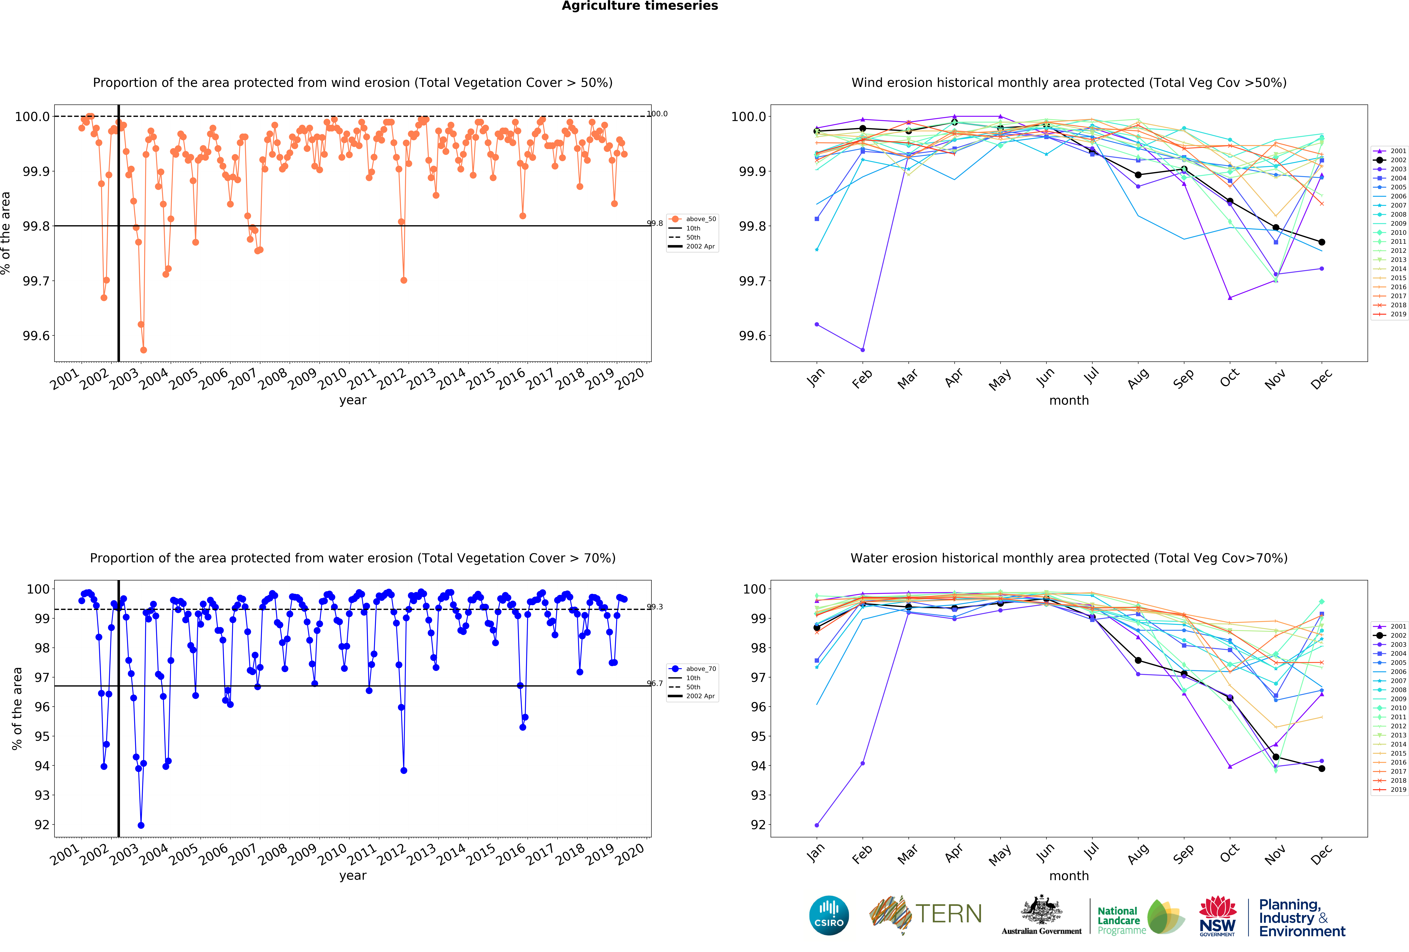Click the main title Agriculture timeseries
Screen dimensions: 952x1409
coord(640,6)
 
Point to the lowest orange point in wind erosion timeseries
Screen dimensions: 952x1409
coord(143,350)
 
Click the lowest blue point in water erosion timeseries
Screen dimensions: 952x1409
coord(141,825)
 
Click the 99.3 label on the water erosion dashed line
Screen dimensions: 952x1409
coord(655,607)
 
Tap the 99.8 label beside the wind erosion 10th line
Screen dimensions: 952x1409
coord(655,223)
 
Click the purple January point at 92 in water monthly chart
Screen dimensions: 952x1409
coord(817,825)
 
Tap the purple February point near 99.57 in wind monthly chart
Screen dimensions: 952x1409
coord(863,350)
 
